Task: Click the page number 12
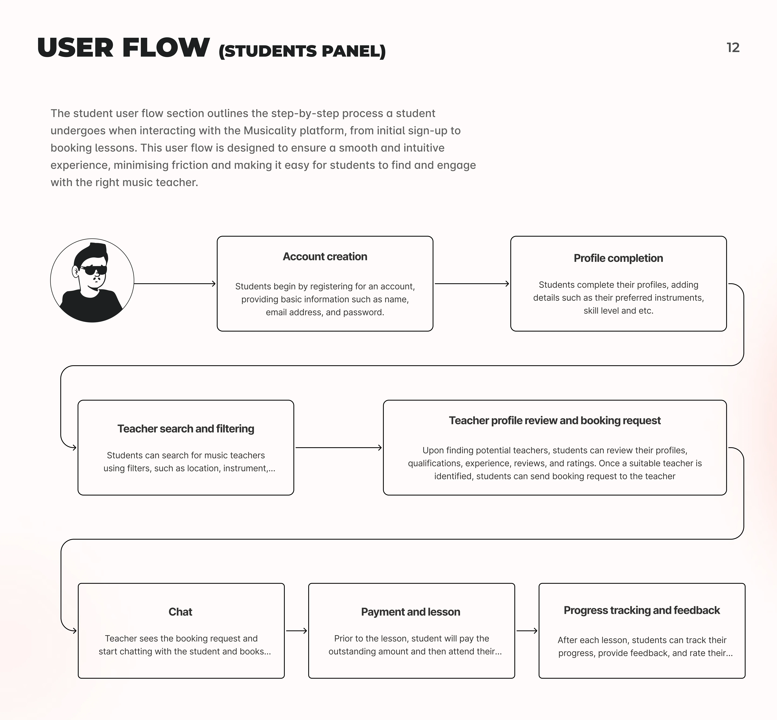click(733, 48)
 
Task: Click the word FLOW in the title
click(166, 48)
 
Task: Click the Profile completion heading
click(618, 258)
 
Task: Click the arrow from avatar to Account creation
click(175, 284)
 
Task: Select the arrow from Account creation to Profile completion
click(472, 284)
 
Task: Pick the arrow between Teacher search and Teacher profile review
click(338, 448)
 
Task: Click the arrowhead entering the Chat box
click(74, 631)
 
